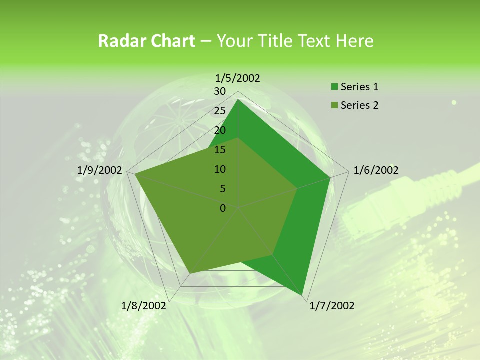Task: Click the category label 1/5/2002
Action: coord(238,78)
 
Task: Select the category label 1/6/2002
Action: coord(376,170)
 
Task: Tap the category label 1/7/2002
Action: coord(332,305)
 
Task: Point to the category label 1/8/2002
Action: coord(144,305)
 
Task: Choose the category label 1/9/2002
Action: coord(100,170)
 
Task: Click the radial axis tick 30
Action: coord(220,91)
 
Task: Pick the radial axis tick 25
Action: coord(220,111)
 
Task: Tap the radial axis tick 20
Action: coord(220,130)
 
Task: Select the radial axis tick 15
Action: coord(220,150)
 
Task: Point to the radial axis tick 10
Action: coord(220,169)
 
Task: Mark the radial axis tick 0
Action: coord(223,208)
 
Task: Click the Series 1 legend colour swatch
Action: coord(334,87)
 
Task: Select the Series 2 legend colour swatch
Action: coord(334,105)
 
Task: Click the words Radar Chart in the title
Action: coord(146,41)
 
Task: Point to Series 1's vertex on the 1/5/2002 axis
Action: coord(238,99)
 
